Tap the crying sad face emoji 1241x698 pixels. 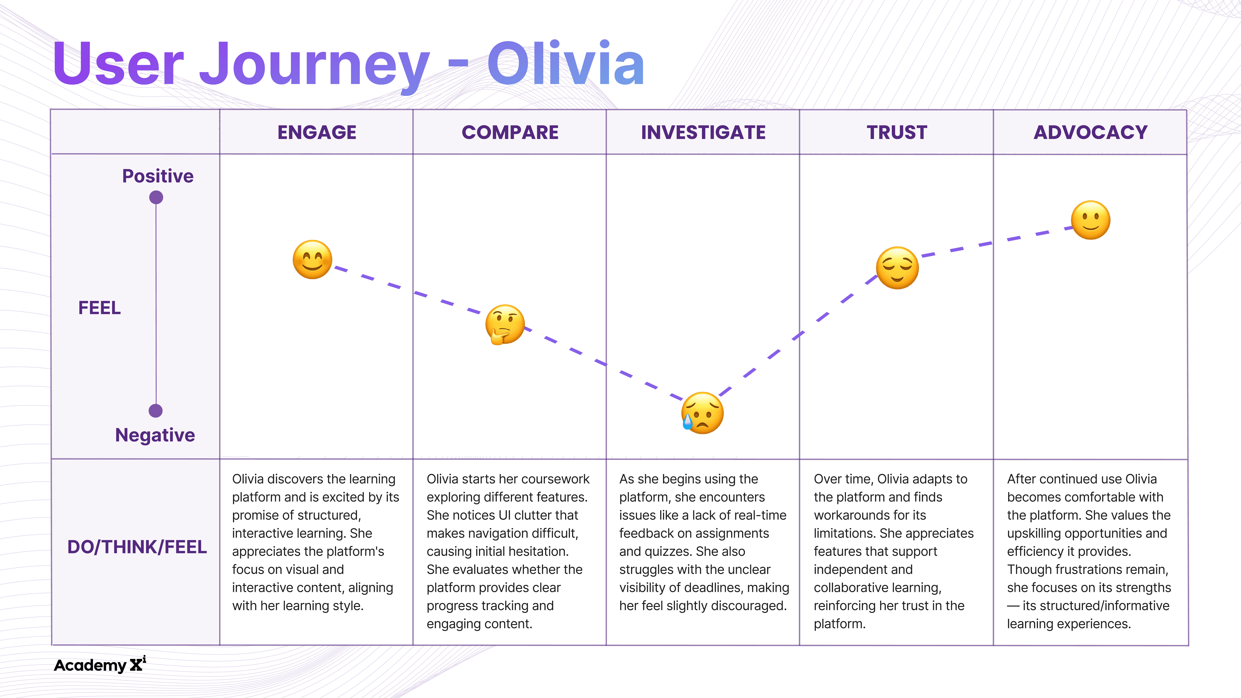coord(702,413)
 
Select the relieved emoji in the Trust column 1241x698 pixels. coord(897,268)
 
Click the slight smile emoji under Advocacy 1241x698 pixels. coord(1091,220)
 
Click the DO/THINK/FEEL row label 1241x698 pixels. coord(137,547)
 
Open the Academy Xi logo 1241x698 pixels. coord(100,665)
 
